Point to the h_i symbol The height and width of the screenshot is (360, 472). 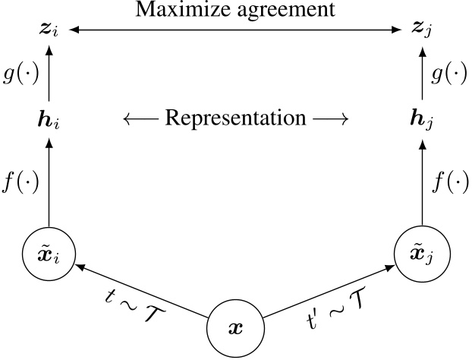pyautogui.click(x=50, y=120)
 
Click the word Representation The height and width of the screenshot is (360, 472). pyautogui.click(x=234, y=118)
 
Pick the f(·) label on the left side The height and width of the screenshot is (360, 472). pyautogui.click(x=21, y=183)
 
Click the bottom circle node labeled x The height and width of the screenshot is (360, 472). pyautogui.click(x=234, y=331)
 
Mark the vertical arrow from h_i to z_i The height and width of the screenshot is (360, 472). pyautogui.click(x=50, y=76)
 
